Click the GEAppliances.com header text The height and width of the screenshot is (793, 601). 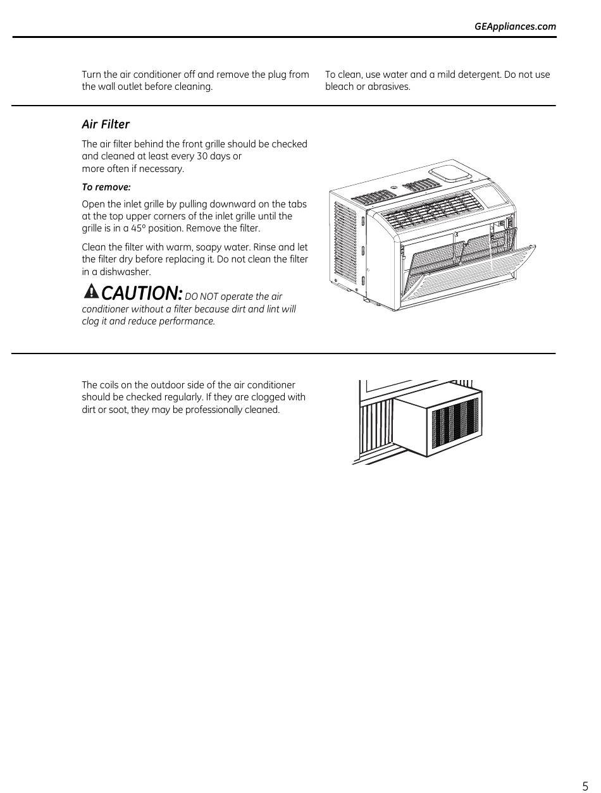point(515,27)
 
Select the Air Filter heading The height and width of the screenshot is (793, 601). point(106,125)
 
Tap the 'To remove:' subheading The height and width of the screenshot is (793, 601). point(106,187)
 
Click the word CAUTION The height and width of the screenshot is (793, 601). point(142,293)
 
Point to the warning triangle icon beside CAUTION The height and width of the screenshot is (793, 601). point(91,292)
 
